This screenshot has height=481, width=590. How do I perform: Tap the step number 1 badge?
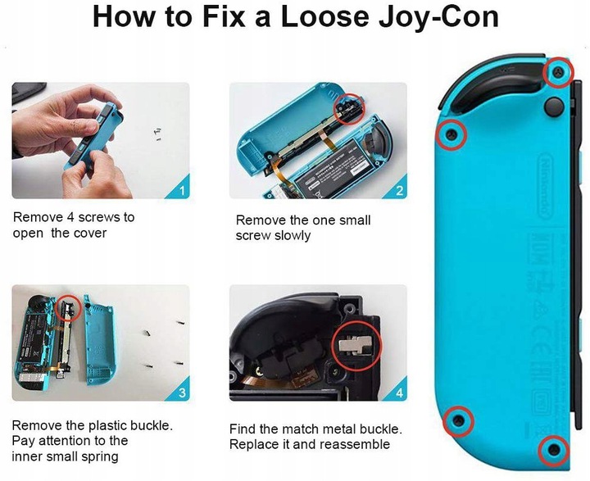click(182, 192)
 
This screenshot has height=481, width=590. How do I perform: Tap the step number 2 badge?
click(399, 192)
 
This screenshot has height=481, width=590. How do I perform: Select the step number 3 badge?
click(182, 393)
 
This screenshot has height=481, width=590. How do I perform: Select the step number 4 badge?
click(399, 393)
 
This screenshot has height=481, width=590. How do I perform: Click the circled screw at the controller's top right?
click(557, 74)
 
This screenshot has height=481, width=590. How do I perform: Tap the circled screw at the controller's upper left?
click(450, 134)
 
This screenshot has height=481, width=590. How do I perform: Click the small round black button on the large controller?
click(556, 107)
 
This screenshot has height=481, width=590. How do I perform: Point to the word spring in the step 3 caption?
click(101, 456)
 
